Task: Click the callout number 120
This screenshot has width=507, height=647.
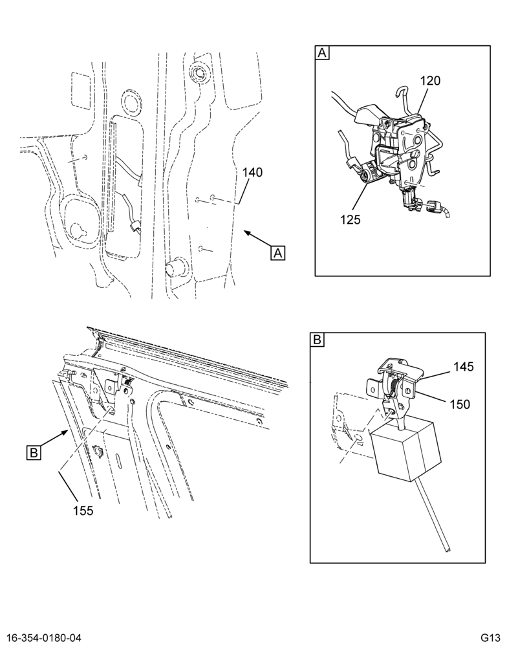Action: click(x=430, y=81)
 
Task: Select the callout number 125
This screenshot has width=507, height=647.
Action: click(x=351, y=219)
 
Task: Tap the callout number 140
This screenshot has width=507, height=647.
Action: click(x=252, y=172)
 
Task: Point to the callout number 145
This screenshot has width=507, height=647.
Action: click(x=464, y=366)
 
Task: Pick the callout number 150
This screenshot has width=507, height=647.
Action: click(x=460, y=404)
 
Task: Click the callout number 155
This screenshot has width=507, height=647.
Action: click(x=83, y=510)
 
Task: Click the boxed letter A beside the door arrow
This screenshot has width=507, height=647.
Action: click(x=278, y=252)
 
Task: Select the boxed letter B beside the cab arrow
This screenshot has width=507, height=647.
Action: click(x=34, y=453)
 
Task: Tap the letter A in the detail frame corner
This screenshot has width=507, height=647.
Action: click(x=322, y=53)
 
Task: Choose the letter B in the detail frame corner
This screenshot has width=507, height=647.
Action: click(x=318, y=340)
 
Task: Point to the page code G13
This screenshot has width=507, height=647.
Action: click(x=490, y=639)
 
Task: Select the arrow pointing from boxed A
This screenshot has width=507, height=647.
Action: click(x=257, y=239)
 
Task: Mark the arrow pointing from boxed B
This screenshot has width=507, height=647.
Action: click(x=54, y=439)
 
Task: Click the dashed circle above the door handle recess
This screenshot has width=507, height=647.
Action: click(x=132, y=102)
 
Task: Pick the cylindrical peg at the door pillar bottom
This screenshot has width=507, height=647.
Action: click(x=176, y=267)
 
